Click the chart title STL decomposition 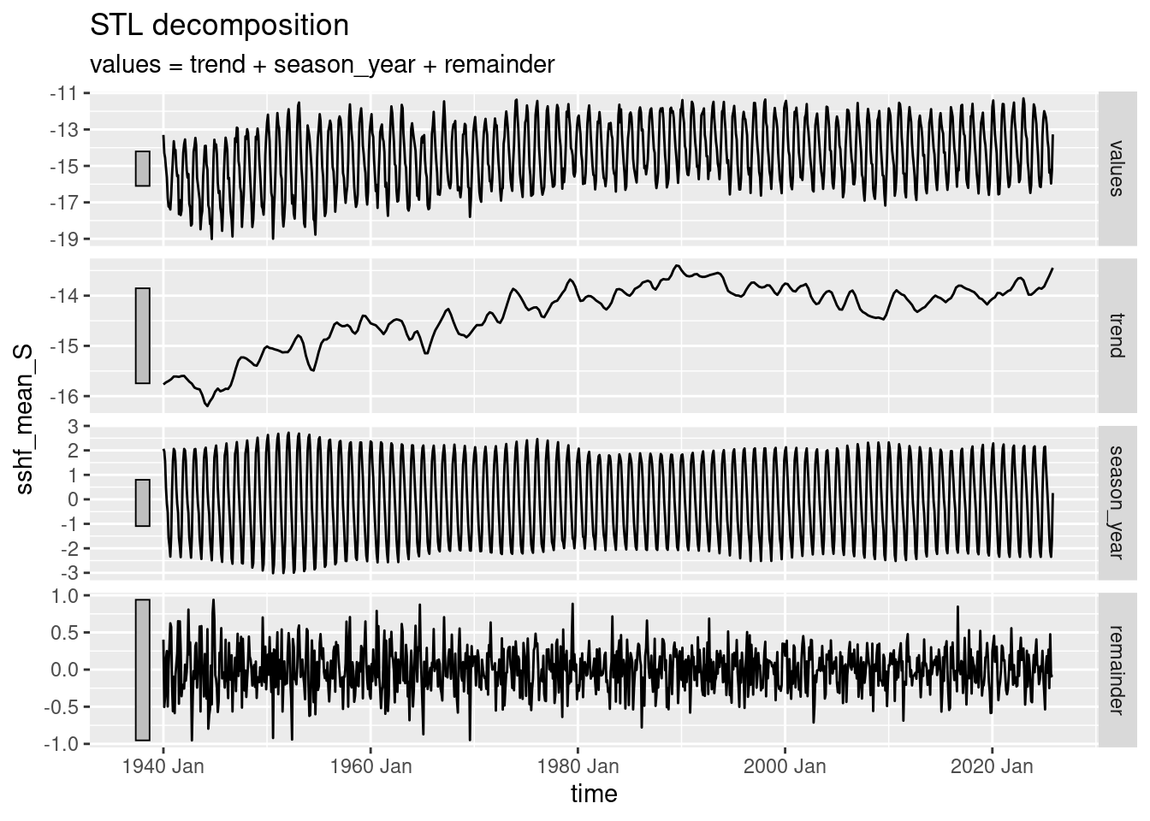[x=219, y=26]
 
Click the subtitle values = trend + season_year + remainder [x=323, y=64]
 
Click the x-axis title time [x=594, y=794]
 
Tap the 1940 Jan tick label [x=163, y=766]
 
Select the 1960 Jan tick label [x=370, y=766]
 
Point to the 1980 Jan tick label [x=578, y=766]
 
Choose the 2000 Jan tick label [x=785, y=766]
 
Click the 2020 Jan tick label [x=992, y=766]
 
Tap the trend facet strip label [x=1115, y=335]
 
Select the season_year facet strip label [x=1115, y=501]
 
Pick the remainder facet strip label [x=1115, y=668]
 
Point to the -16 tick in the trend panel [x=68, y=396]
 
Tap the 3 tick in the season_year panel [x=73, y=426]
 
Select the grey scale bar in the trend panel [x=142, y=336]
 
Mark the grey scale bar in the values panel [x=142, y=168]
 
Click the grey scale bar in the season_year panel [x=142, y=503]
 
